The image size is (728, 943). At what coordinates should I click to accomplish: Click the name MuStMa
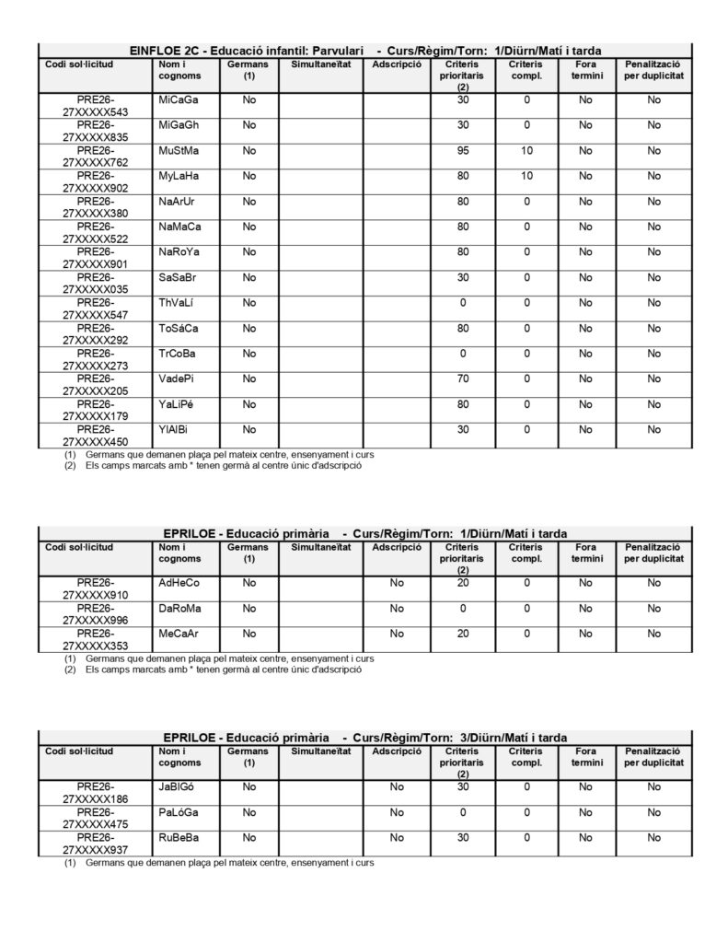click(178, 150)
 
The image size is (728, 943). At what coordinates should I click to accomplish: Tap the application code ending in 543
click(96, 106)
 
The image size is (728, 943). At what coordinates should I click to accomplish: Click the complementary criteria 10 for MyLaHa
click(526, 176)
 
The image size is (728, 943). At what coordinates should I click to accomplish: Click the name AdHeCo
click(179, 583)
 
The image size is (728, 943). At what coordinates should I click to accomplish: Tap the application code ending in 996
click(96, 614)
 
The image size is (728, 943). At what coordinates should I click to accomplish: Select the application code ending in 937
click(96, 844)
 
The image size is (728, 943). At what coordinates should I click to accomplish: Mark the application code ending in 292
click(96, 334)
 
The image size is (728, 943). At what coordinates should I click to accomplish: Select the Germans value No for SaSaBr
click(248, 277)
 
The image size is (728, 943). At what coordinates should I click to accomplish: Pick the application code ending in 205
click(96, 385)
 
